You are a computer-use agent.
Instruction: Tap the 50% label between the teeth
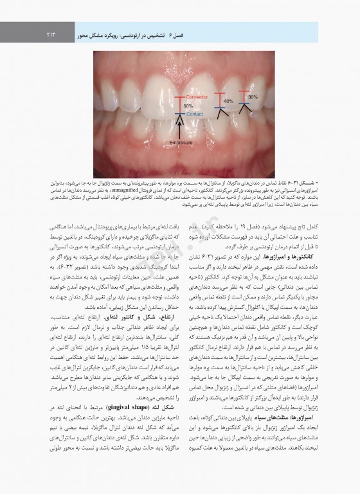coord(188,105)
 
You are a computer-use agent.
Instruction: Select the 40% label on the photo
coord(228,102)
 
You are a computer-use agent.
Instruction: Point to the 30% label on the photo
coord(253,97)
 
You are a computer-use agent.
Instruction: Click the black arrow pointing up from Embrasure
coord(179,129)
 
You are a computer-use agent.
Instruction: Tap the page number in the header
coord(54,29)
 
